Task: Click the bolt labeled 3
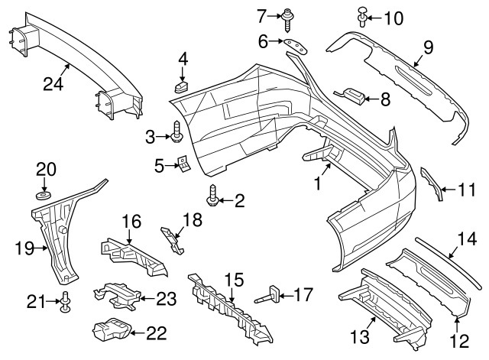(x=176, y=136)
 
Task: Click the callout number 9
(x=428, y=47)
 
